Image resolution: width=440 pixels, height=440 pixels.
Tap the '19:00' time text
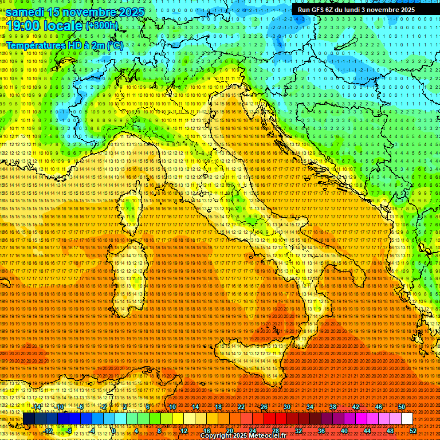coord(22,26)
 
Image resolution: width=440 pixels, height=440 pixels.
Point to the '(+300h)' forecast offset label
coord(101,25)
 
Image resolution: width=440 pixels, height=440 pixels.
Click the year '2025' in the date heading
coord(128,12)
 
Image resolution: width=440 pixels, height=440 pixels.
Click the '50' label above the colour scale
coord(402,407)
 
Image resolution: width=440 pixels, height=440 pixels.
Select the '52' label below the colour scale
coord(413,431)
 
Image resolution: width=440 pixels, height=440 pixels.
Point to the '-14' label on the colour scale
coord(37,407)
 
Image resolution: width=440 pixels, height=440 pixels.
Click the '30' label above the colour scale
coord(287,407)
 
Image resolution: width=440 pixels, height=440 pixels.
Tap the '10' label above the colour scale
coord(172,407)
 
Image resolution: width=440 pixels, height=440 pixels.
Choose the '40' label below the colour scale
coord(344,431)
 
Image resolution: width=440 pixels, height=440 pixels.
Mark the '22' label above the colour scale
coord(241,407)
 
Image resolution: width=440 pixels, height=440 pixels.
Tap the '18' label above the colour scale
coord(218,407)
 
